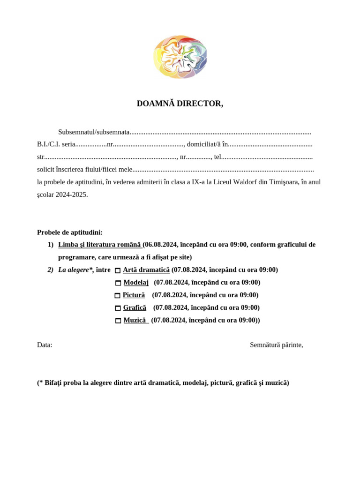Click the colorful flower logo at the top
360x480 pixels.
click(180, 57)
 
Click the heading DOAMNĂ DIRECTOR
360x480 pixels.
click(180, 104)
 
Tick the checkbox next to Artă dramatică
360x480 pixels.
click(118, 270)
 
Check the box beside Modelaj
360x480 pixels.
click(118, 283)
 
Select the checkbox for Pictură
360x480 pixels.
click(117, 296)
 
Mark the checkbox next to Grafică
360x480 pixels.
click(118, 308)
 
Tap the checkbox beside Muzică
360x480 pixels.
click(118, 321)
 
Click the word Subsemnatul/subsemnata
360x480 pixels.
click(94, 132)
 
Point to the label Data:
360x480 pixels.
click(45, 345)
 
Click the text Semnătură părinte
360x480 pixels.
click(276, 345)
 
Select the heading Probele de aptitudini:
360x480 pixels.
click(70, 232)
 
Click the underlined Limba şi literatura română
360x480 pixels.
click(99, 245)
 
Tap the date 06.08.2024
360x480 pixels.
click(161, 245)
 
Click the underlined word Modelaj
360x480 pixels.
click(136, 283)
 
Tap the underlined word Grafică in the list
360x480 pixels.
click(135, 308)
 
